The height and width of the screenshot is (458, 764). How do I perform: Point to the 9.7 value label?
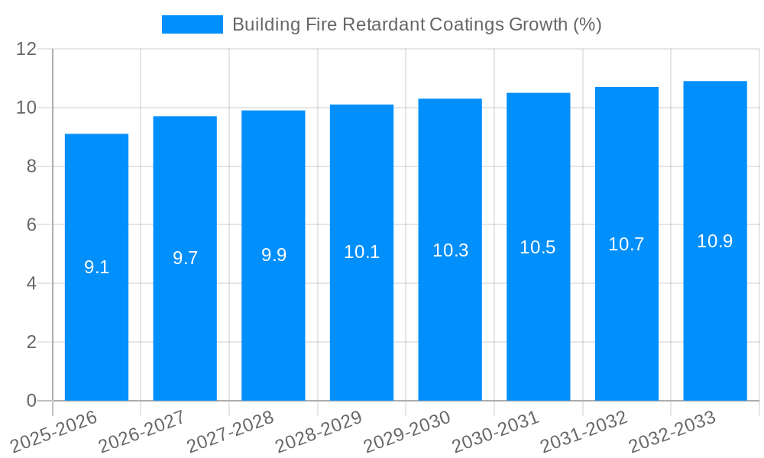tap(185, 258)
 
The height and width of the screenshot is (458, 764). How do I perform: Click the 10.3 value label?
tap(450, 250)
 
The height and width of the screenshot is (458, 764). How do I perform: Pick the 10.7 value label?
tap(626, 244)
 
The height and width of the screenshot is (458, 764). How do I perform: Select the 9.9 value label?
tap(274, 255)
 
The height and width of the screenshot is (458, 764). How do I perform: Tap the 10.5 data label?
tap(538, 247)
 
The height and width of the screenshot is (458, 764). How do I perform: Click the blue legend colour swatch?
tap(193, 24)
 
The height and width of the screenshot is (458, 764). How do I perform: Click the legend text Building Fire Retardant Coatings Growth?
tap(416, 24)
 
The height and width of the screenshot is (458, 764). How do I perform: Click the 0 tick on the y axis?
tap(31, 401)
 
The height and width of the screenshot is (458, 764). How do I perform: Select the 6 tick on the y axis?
tap(31, 225)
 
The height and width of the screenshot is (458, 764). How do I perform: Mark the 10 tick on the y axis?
tap(27, 108)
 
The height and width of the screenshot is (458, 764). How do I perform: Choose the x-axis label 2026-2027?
tap(143, 431)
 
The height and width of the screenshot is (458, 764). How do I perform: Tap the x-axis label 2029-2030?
tap(407, 431)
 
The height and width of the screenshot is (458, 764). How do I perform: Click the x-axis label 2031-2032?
tap(584, 431)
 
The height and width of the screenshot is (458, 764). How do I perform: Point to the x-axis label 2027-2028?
tap(231, 431)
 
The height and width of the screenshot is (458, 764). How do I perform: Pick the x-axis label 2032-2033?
tap(672, 431)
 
